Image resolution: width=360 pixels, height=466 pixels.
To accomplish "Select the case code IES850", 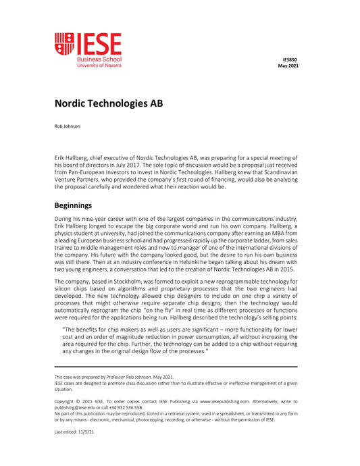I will (x=290, y=59).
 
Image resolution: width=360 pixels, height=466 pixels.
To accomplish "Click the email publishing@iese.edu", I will (x=78, y=407).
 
